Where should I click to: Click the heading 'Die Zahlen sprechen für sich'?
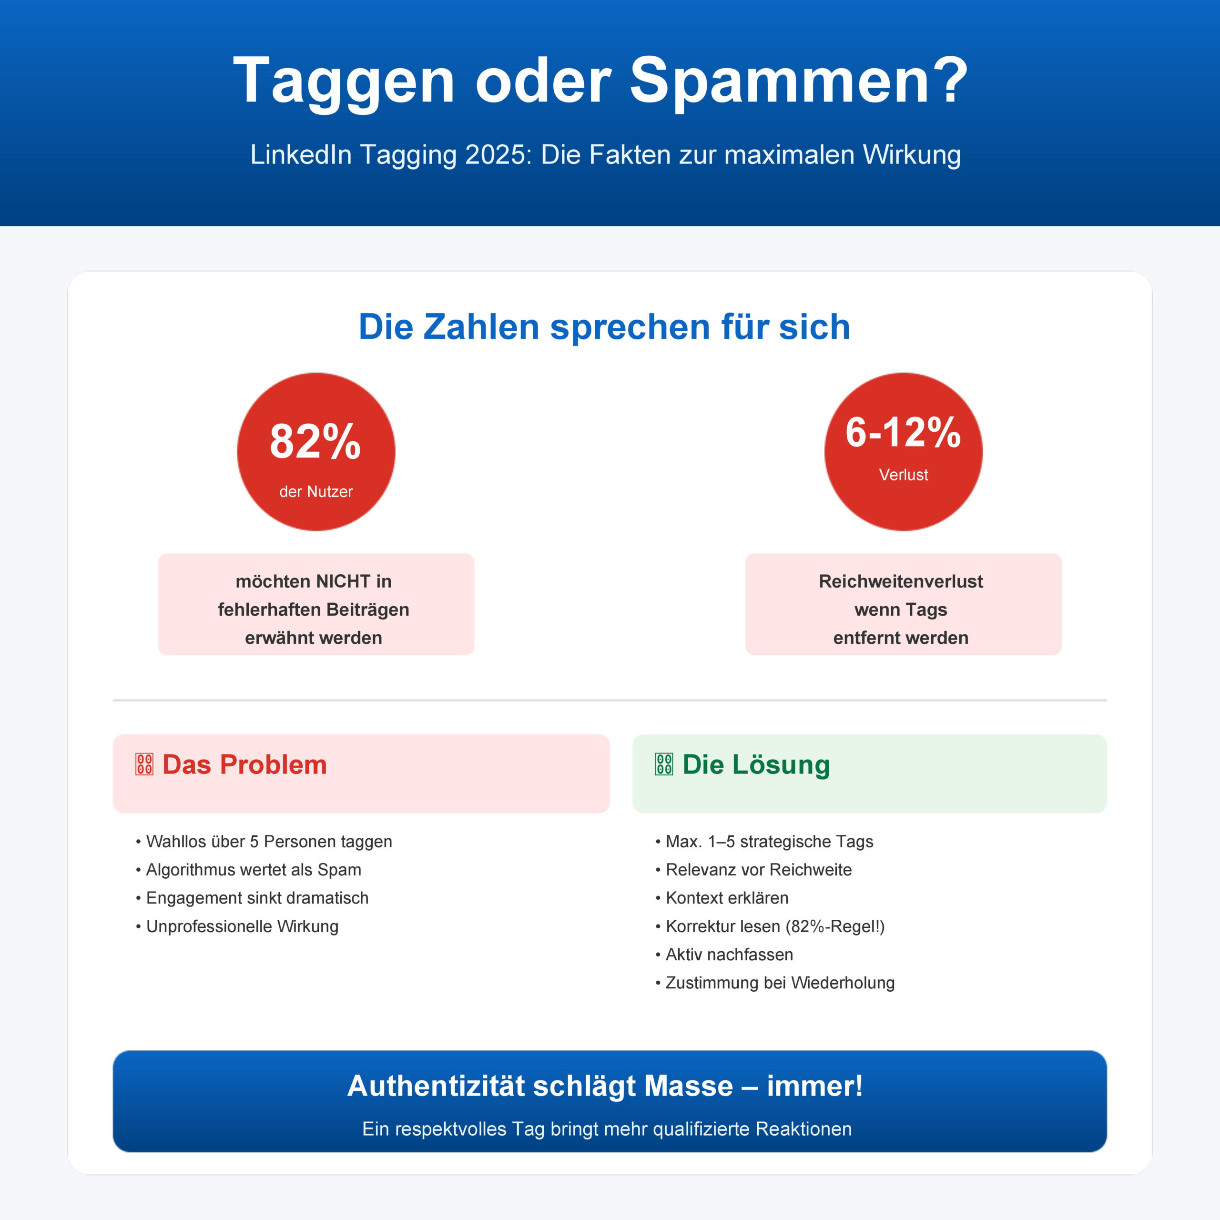click(604, 326)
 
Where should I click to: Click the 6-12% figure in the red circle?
click(903, 433)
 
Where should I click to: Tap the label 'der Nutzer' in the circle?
click(316, 492)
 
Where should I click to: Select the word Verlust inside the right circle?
click(903, 475)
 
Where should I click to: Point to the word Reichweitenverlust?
click(901, 581)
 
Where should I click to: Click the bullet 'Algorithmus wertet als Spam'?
click(253, 870)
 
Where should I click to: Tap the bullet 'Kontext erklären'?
click(727, 898)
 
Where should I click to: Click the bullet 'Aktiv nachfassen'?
click(729, 955)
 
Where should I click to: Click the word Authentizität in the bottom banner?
click(436, 1086)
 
